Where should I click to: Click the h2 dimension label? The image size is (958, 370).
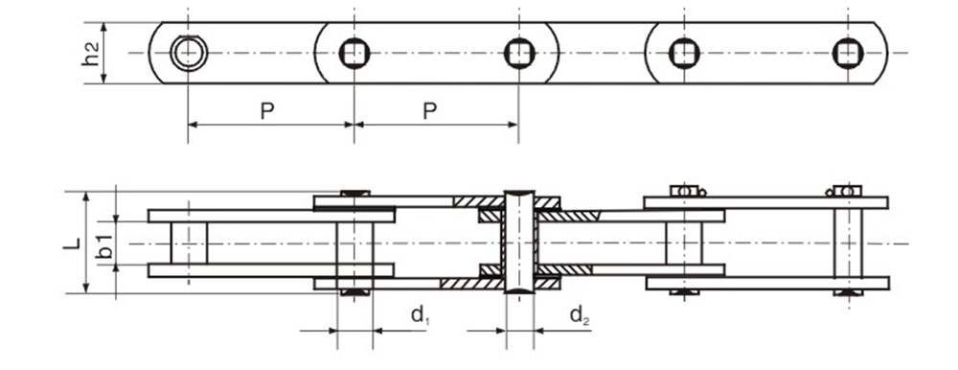click(x=91, y=55)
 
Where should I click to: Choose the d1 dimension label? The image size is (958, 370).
click(x=419, y=314)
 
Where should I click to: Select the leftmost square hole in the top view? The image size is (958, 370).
click(x=354, y=54)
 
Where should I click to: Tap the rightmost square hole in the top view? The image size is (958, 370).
click(x=847, y=53)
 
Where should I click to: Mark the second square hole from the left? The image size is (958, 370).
click(x=518, y=54)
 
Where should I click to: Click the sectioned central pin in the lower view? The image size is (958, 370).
click(x=518, y=243)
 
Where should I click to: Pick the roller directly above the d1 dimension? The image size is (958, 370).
click(x=355, y=243)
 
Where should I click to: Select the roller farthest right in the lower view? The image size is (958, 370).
click(x=684, y=243)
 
